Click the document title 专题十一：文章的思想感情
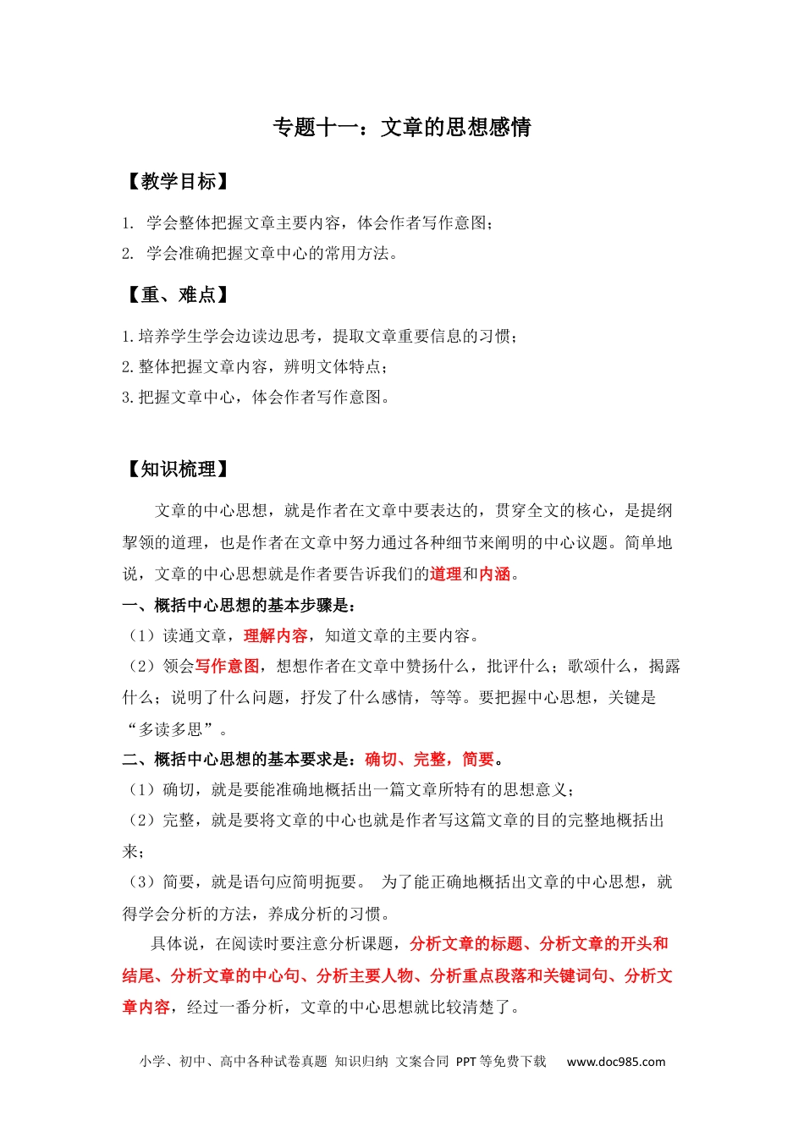tap(401, 128)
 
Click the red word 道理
tap(445, 574)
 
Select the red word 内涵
tap(495, 574)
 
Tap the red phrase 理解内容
tap(276, 636)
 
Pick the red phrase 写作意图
tap(228, 667)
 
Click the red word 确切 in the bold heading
tap(381, 760)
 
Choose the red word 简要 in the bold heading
tap(478, 760)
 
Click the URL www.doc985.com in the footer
tap(616, 1062)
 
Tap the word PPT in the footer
tap(466, 1062)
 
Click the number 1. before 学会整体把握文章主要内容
tap(128, 223)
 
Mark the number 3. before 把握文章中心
tap(128, 398)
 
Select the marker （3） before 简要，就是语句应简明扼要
tap(140, 882)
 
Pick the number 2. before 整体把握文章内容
tap(128, 367)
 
